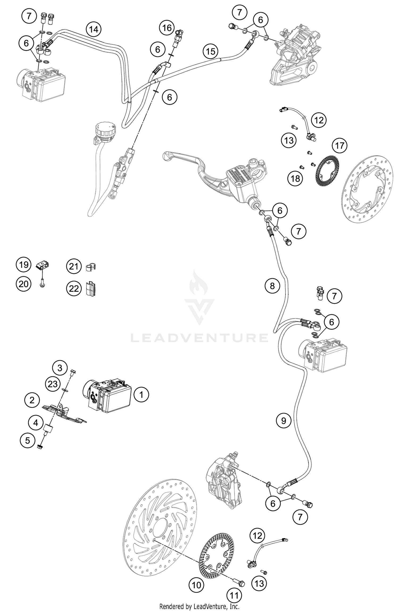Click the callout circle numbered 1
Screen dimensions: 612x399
click(x=141, y=395)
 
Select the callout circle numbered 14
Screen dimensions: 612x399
click(x=93, y=29)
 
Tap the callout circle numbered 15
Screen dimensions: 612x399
click(x=210, y=51)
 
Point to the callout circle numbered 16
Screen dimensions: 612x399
click(x=167, y=28)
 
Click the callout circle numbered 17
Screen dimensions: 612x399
click(x=340, y=145)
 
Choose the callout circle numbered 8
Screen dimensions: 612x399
click(x=272, y=286)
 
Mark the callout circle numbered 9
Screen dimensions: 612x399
click(x=284, y=421)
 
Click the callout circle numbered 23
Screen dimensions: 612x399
click(x=53, y=384)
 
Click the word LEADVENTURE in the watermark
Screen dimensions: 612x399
click(x=199, y=338)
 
